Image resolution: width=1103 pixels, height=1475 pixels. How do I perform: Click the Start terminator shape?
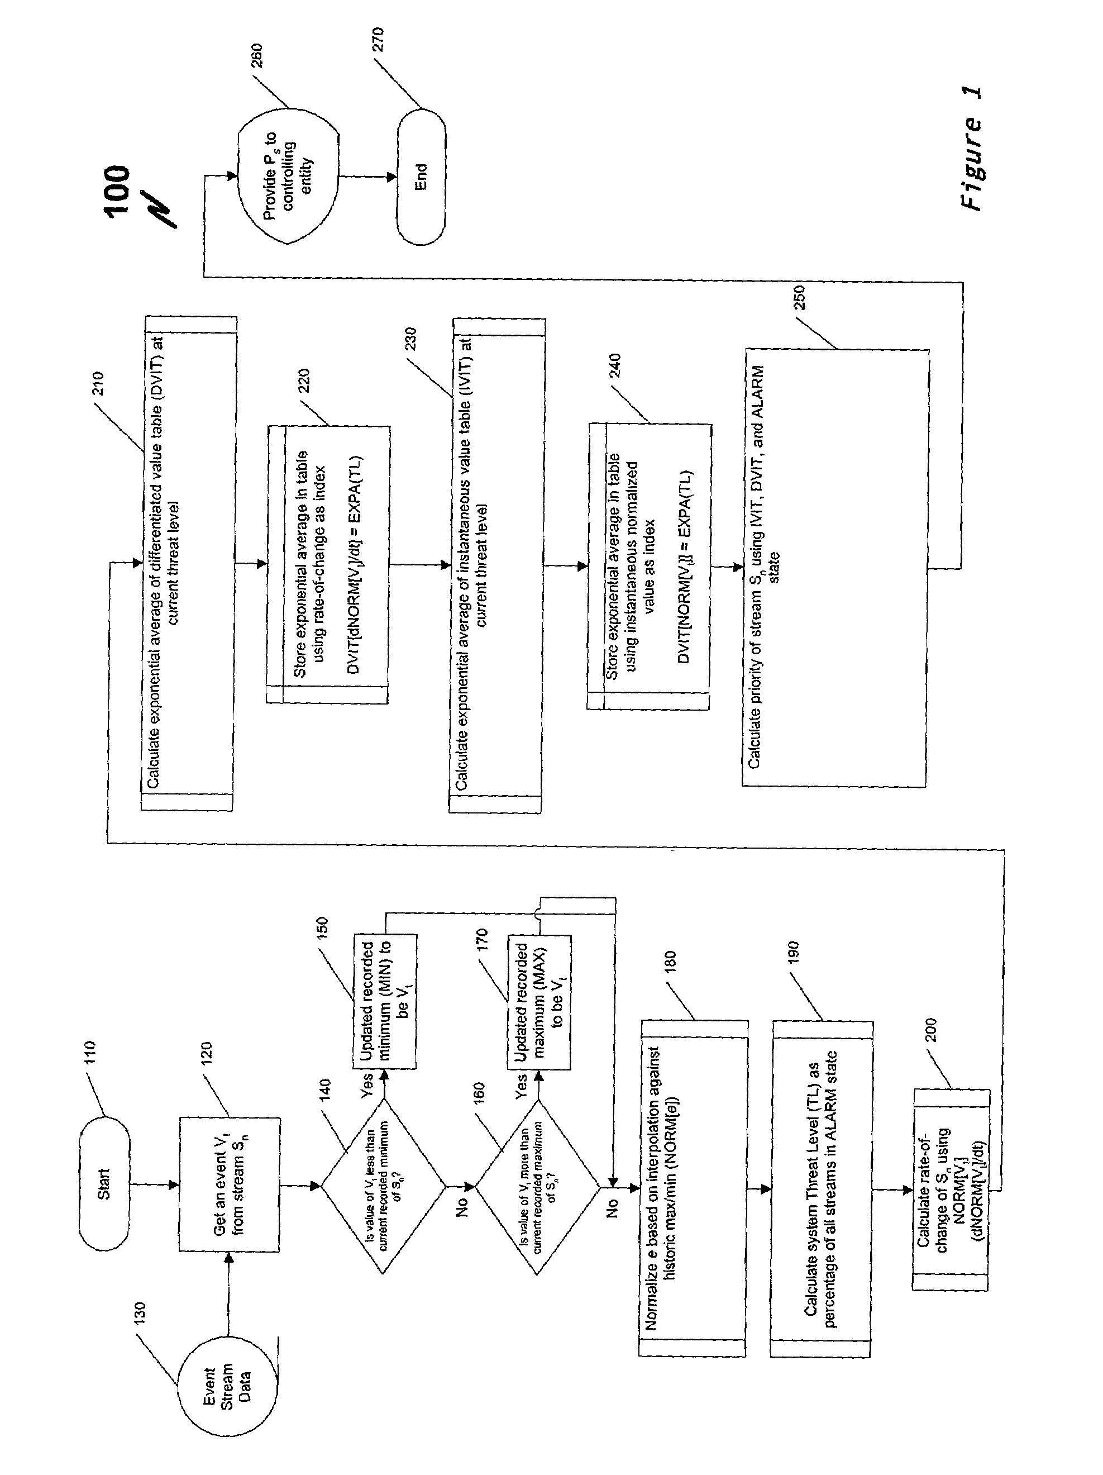(104, 1183)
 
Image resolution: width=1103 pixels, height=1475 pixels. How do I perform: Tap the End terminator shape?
(421, 177)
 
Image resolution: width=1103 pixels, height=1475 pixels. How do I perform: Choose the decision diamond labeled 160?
(537, 1187)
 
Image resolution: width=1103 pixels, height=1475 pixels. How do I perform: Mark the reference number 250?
(800, 297)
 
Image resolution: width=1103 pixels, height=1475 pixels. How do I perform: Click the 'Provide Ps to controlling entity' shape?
(288, 176)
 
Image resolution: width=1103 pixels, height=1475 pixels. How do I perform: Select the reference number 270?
(376, 41)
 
